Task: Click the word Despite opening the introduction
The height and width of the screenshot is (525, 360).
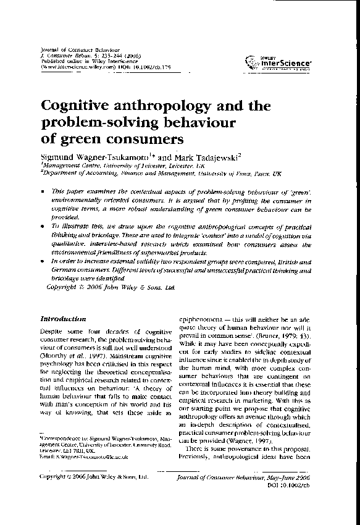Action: pos(50,333)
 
